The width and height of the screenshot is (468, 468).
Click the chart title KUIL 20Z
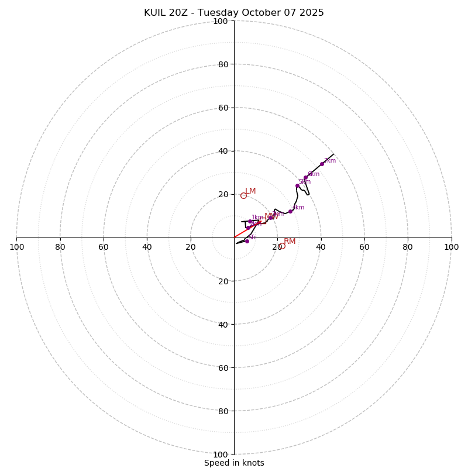pos(233,13)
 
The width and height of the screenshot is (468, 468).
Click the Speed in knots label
pos(234,463)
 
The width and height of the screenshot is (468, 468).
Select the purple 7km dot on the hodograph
pos(322,164)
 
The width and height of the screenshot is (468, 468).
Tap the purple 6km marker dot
pos(305,177)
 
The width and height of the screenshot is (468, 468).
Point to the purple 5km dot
pos(297,186)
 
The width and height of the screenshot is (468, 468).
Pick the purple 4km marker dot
pos(290,211)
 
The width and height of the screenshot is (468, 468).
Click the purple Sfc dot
pos(247,241)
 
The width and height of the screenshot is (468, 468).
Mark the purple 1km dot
pos(250,222)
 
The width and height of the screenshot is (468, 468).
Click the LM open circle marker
pos(243,195)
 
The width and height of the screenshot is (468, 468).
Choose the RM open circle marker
pos(281,246)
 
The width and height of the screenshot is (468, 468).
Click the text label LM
pos(250,191)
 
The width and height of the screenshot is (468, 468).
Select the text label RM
pos(290,242)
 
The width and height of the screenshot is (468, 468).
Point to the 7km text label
pos(330,161)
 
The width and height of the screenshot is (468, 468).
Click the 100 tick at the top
pos(221,21)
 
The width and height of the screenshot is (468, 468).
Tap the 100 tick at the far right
pos(451,247)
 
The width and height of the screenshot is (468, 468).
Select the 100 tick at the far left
pos(17,247)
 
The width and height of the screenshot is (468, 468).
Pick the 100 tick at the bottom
pos(221,454)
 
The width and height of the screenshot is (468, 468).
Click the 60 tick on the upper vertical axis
pos(223,108)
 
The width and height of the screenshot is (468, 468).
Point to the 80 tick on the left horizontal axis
pos(60,247)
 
